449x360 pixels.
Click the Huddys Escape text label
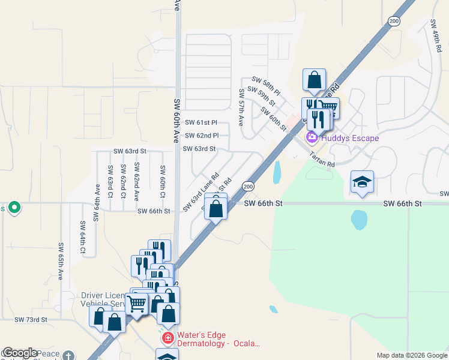pyautogui.click(x=350, y=138)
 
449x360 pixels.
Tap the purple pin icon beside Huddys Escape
pyautogui.click(x=312, y=138)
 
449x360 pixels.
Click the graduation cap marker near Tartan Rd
pyautogui.click(x=362, y=182)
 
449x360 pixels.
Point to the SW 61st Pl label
pyautogui.click(x=201, y=122)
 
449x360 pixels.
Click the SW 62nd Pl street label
pyautogui.click(x=202, y=136)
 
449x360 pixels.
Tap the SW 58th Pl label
pyautogui.click(x=266, y=86)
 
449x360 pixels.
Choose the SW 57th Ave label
pyautogui.click(x=241, y=107)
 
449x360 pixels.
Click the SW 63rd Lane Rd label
pyautogui.click(x=199, y=193)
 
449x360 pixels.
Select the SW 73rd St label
pyautogui.click(x=31, y=320)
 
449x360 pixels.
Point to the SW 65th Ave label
pyautogui.click(x=61, y=262)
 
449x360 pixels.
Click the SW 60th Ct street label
pyautogui.click(x=162, y=182)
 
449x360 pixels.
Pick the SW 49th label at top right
pyautogui.click(x=436, y=36)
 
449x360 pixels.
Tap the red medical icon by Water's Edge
pyautogui.click(x=167, y=339)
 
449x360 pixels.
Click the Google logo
pyautogui.click(x=20, y=353)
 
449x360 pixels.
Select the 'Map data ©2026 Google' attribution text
pyautogui.click(x=411, y=355)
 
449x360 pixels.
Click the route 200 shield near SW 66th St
pyautogui.click(x=247, y=187)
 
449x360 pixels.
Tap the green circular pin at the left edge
pyautogui.click(x=14, y=208)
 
